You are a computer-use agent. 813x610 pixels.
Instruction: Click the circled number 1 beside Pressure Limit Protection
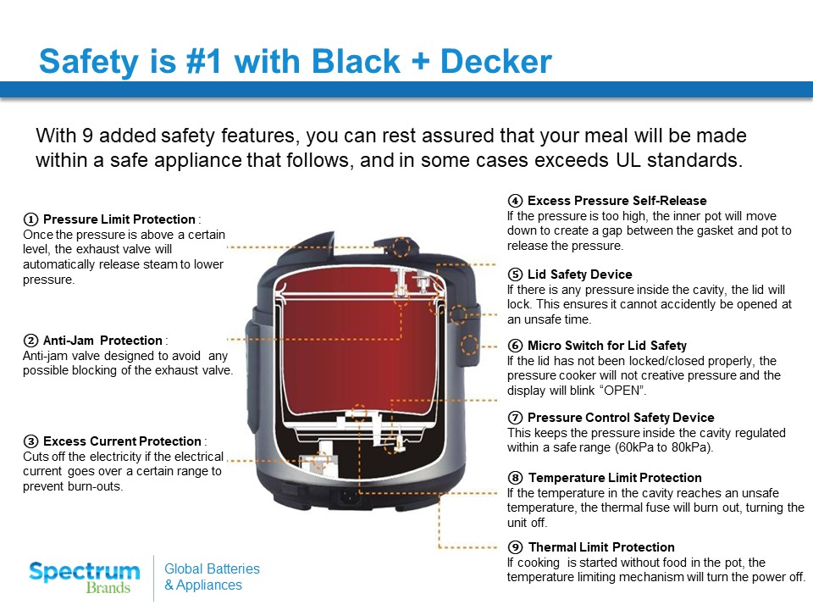[30, 219]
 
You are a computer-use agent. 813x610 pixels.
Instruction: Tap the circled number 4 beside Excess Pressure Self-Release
[515, 201]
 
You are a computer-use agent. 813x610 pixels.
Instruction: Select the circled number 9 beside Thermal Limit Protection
[515, 547]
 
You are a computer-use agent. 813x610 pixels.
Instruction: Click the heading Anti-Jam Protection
[102, 341]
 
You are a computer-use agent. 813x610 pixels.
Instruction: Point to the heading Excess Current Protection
[122, 441]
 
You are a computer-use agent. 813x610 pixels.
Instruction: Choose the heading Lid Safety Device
[579, 274]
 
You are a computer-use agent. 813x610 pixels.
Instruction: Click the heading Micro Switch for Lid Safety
[606, 346]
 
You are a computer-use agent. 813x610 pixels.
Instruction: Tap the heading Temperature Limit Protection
[615, 478]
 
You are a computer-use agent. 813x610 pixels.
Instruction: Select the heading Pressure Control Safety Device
[621, 418]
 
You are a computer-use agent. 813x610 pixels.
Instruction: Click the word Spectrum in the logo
[85, 573]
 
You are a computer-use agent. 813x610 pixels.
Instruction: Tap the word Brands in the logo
[108, 588]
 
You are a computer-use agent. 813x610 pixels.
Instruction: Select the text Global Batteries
[212, 569]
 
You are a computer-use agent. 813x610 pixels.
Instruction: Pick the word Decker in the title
[496, 61]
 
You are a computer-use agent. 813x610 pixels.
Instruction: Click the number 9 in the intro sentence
[87, 136]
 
